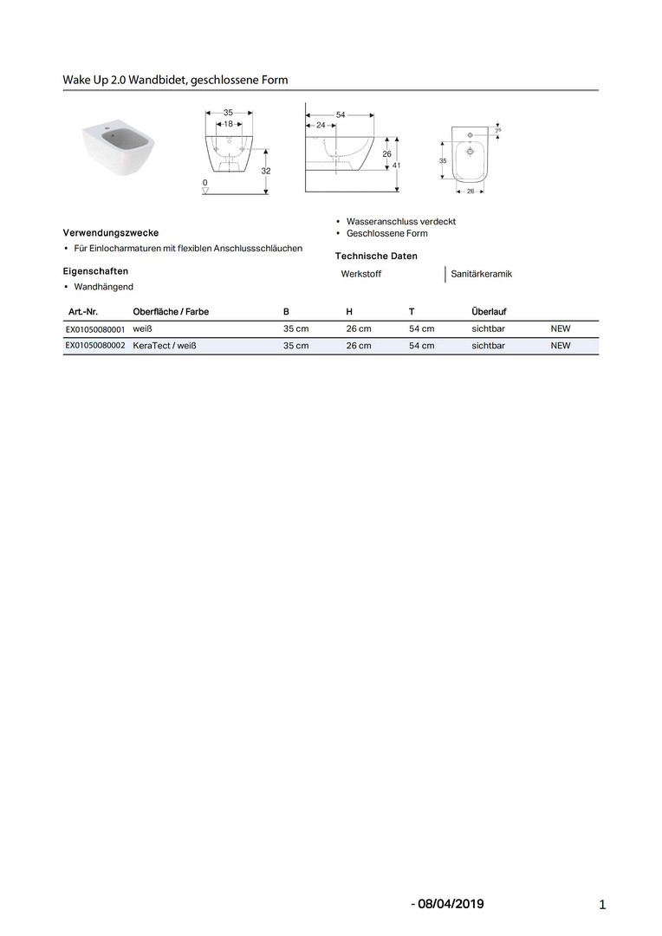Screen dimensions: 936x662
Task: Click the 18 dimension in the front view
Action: [228, 124]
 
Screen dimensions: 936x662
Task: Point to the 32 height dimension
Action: [266, 171]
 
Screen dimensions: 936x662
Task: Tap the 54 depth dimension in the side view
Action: [341, 114]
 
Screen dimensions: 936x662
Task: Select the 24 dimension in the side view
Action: [321, 125]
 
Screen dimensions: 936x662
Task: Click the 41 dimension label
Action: [396, 165]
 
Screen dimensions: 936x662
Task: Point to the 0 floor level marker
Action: [204, 183]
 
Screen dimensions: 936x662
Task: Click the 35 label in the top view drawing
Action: [443, 160]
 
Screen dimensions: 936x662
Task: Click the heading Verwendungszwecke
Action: [111, 233]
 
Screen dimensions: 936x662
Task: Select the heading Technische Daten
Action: [376, 256]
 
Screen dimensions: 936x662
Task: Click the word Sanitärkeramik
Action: [482, 274]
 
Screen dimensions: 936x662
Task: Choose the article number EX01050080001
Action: [95, 329]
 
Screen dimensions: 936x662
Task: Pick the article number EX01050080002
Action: [95, 346]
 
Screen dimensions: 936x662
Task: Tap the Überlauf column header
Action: [489, 311]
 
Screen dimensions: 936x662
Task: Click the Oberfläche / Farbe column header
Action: [171, 311]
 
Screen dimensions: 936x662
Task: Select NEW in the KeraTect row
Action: [561, 346]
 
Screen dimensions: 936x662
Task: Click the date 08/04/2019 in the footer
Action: [450, 904]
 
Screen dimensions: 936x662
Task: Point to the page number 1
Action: [601, 906]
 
